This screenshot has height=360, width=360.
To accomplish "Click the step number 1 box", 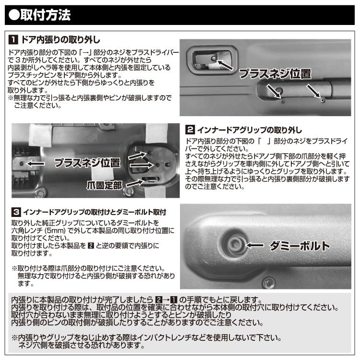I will click(14, 38).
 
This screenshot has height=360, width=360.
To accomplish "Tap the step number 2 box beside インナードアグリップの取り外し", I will click(190, 130).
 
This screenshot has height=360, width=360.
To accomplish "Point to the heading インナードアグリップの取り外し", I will click(249, 130).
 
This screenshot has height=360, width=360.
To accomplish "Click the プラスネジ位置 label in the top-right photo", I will click(275, 74).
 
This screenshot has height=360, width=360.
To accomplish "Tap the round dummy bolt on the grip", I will click(236, 244).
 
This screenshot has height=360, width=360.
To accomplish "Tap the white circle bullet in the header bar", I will click(14, 15).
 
